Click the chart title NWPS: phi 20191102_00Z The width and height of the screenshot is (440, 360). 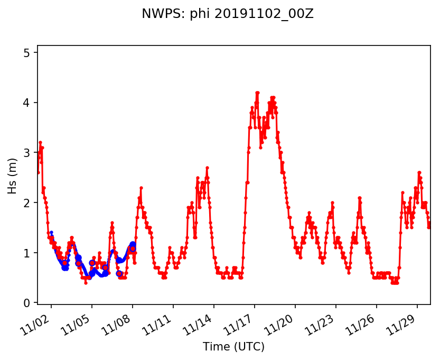coord(228,14)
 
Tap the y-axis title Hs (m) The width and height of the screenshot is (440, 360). coord(12,174)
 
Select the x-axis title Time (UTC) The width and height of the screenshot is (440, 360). coord(233,347)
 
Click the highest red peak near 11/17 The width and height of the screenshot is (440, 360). coord(257,93)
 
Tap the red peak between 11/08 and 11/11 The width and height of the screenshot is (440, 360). coord(141,188)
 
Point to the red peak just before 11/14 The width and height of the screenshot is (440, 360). coord(207,168)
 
